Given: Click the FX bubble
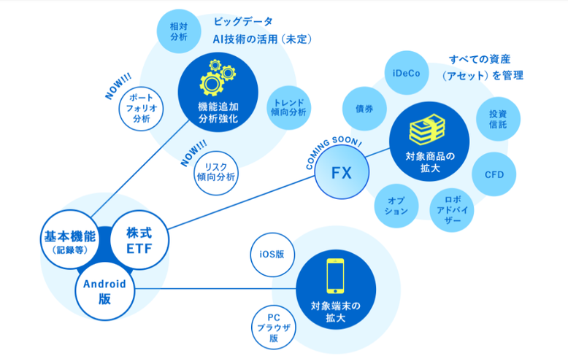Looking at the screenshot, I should (342, 173).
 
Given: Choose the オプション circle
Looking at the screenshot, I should (396, 205).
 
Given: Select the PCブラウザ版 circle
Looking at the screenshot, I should (273, 328).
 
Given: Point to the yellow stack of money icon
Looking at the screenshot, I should (425, 129).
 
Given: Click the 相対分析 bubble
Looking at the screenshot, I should (178, 31).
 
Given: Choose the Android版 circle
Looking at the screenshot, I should (104, 291).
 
